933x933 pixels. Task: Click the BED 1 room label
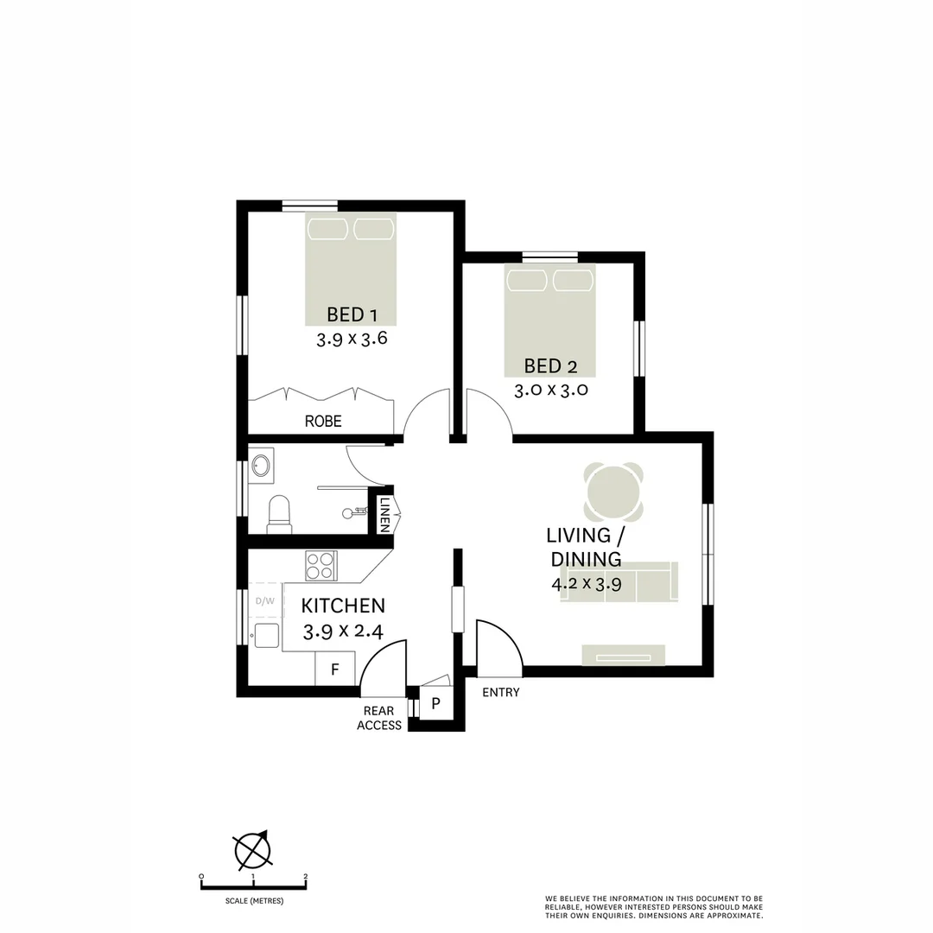[x=351, y=314]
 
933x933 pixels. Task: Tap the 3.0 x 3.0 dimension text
[x=551, y=390]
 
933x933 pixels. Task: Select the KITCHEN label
[x=343, y=606]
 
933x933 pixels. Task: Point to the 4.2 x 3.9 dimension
[x=587, y=583]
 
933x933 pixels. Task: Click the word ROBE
[x=323, y=422]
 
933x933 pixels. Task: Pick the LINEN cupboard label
[x=384, y=514]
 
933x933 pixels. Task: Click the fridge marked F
[x=335, y=670]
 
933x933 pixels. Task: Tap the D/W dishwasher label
[x=264, y=600]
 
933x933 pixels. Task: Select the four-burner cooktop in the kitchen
[x=321, y=566]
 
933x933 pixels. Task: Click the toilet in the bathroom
[x=279, y=513]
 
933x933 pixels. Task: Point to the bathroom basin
[x=261, y=467]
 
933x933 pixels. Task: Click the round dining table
[x=614, y=492]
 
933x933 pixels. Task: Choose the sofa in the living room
[x=619, y=582]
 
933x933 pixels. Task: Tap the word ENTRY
[x=501, y=692]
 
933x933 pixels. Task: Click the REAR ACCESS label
[x=379, y=718]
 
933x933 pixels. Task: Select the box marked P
[x=435, y=703]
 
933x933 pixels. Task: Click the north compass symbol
[x=253, y=850]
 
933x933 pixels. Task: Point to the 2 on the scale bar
[x=305, y=877]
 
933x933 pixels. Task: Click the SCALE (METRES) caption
[x=253, y=901]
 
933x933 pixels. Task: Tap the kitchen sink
[x=266, y=634]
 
